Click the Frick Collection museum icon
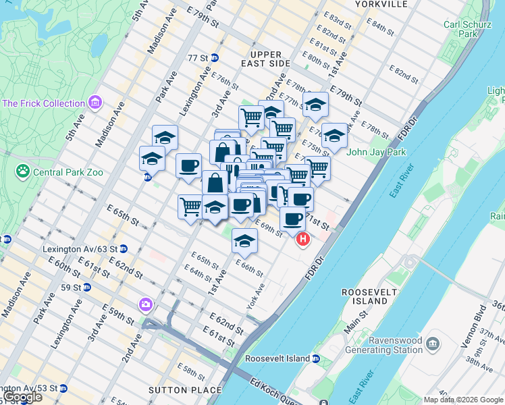coord(95,103)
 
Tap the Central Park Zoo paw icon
coord(24,172)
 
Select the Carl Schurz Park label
coord(461,29)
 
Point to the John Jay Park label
coord(376,152)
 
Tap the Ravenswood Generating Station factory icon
coord(432,344)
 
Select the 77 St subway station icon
coord(215,58)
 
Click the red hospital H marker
coord(303,239)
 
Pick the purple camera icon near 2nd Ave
coord(145,305)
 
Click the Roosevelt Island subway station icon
coord(315,358)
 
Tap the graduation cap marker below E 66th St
coord(244,241)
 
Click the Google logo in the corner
coord(22,398)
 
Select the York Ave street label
coord(256,298)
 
